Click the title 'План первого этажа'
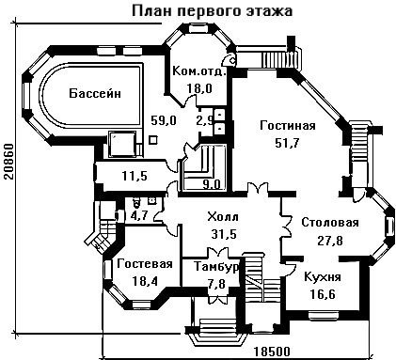[x=213, y=10]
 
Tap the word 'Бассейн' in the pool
[x=95, y=93]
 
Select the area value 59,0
[x=164, y=120]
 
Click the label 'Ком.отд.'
[x=199, y=71]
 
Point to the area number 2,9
[x=205, y=120]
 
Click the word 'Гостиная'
[x=288, y=126]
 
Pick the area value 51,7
[x=288, y=143]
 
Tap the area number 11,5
[x=135, y=176]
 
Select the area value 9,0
[x=211, y=184]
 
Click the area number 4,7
[x=140, y=215]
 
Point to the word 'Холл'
[x=223, y=216]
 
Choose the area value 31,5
[x=224, y=234]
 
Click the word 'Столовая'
[x=330, y=223]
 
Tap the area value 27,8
[x=330, y=241]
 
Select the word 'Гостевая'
[x=145, y=264]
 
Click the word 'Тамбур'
[x=217, y=267]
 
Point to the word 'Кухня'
[x=323, y=277]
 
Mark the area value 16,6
[x=323, y=294]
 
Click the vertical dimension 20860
[x=8, y=162]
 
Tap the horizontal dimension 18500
[x=272, y=352]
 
